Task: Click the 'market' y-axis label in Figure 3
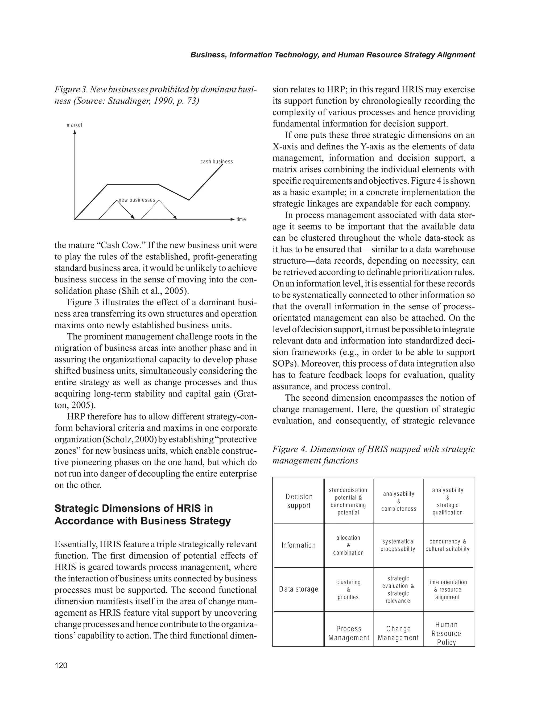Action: tap(75, 125)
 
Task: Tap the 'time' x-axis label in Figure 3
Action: tap(241, 220)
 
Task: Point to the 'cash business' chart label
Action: tap(217, 161)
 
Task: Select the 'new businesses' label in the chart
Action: tap(137, 200)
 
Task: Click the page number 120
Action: tap(61, 665)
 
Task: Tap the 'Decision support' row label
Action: tap(299, 501)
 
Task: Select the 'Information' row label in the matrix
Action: tap(299, 545)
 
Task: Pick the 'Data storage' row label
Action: tap(299, 589)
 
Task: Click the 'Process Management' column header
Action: tap(349, 633)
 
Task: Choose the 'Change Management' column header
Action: tap(398, 633)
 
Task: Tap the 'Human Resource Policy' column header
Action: tap(446, 633)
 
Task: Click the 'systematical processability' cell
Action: tap(398, 545)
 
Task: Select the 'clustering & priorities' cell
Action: tap(348, 589)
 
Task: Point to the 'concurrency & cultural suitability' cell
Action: tap(448, 545)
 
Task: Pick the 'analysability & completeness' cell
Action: tap(399, 501)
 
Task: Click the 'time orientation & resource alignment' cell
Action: tap(448, 589)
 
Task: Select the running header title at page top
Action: tap(332, 55)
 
